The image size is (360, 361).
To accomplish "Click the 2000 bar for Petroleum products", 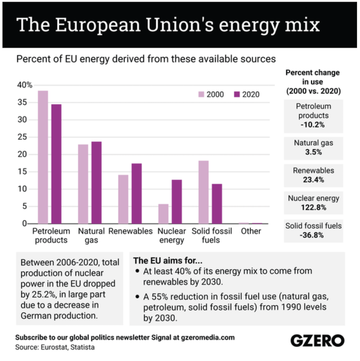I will [43, 157].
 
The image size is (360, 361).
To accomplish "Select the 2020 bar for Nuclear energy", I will [177, 202].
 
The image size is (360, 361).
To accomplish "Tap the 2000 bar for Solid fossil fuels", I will [204, 192].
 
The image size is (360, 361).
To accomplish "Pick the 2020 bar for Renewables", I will [136, 194].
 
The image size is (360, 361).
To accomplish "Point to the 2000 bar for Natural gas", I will [83, 184].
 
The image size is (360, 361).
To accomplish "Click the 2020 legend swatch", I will [237, 94].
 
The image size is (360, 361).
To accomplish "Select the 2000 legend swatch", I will [201, 94].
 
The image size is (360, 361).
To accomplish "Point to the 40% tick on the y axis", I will [25, 85].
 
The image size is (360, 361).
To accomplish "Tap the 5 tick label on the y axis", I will [25, 206].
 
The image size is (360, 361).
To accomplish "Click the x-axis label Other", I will [251, 231].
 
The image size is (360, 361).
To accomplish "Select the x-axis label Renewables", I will [130, 231].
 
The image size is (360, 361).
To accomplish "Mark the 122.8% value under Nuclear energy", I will [313, 208].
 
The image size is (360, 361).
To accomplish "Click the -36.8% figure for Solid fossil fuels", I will [313, 235].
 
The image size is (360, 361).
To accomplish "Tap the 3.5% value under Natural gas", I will [313, 152].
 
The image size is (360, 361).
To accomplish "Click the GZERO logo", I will [317, 341].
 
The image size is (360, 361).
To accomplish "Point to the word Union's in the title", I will [180, 24].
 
